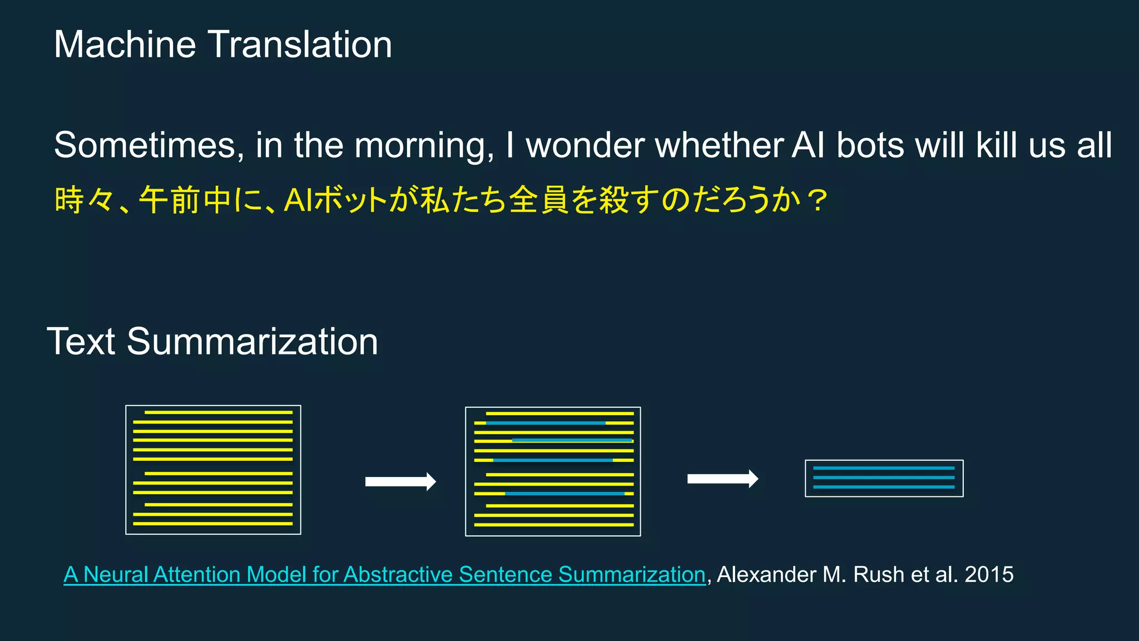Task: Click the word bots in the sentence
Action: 870,146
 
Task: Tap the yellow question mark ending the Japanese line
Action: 818,200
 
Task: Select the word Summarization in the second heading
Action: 252,342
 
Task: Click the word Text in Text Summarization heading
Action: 81,342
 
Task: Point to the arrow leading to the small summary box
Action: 722,479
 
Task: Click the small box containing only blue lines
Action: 884,478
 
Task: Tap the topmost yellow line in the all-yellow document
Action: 219,412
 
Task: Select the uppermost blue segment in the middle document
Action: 546,423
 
